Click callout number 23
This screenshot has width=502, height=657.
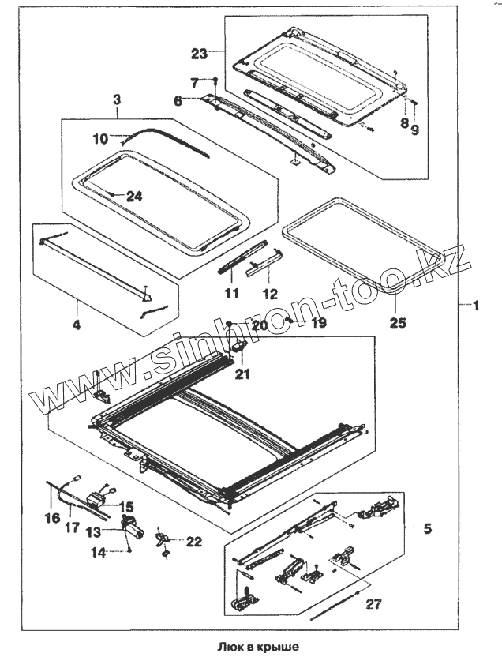click(199, 54)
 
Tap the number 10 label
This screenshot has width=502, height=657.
click(99, 137)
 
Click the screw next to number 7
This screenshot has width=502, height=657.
click(215, 79)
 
